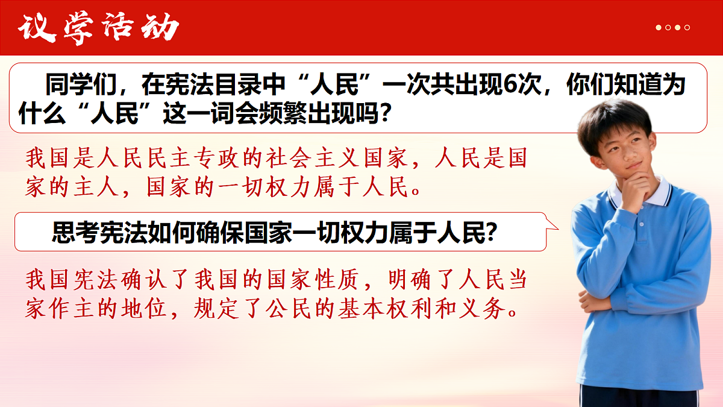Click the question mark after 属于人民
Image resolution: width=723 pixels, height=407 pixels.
tap(490, 232)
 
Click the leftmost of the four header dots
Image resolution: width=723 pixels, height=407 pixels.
tap(659, 28)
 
